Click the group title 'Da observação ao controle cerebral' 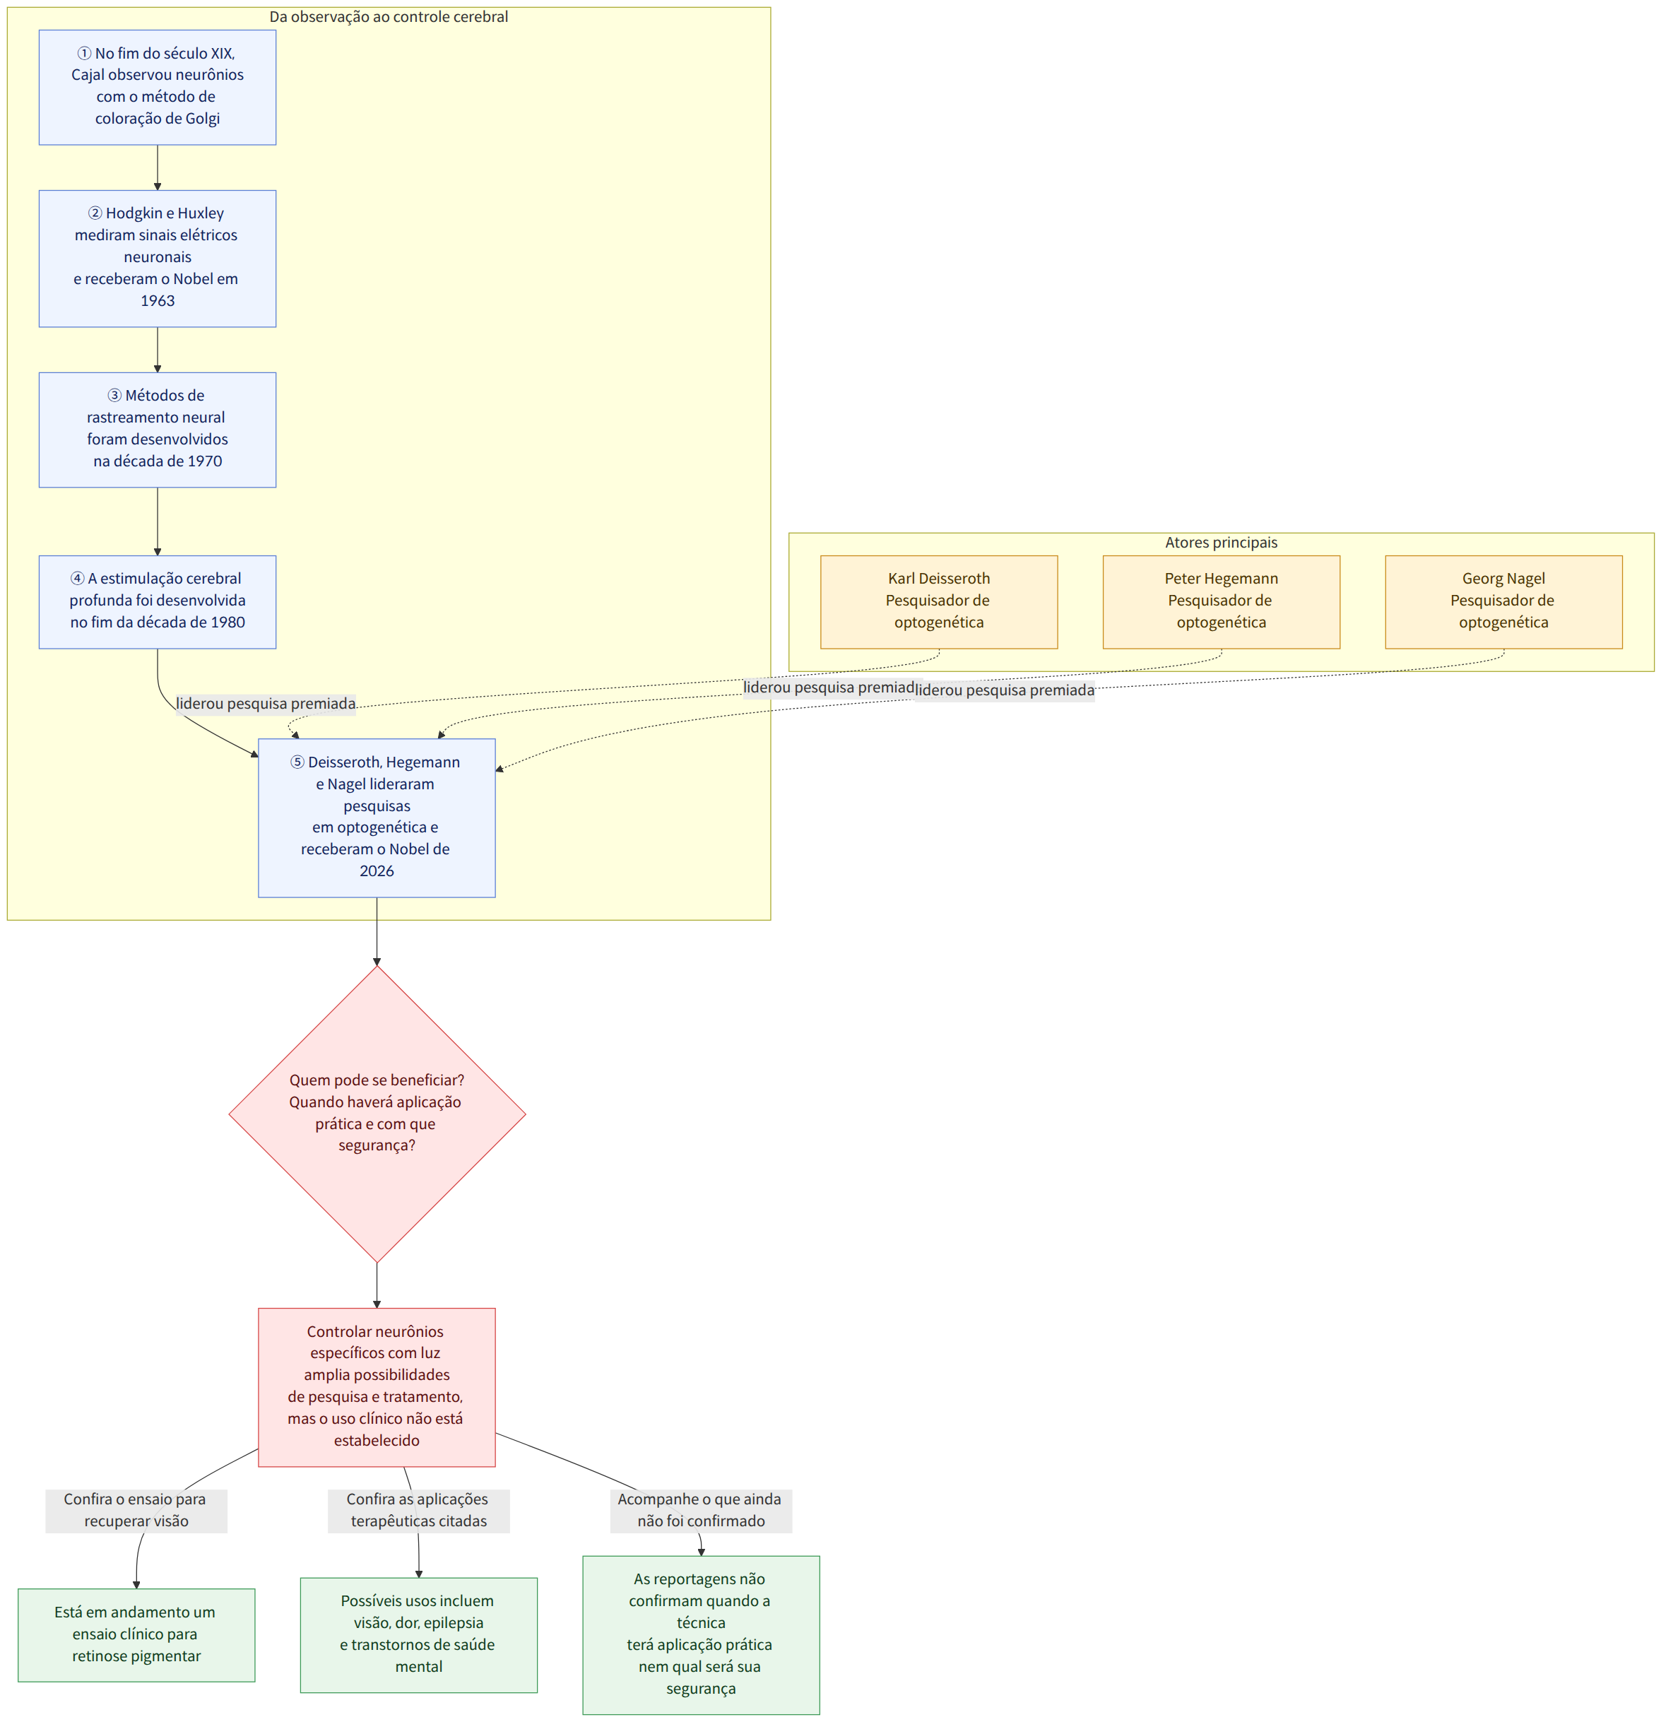389,17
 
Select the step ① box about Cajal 158,88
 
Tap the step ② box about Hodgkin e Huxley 158,259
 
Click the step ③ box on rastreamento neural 158,430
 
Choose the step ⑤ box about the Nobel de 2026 377,818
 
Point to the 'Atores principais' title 1221,543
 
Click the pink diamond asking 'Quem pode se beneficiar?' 377,1113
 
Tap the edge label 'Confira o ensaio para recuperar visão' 136,1510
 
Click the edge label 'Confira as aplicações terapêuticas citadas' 418,1510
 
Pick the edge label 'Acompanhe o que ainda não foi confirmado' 701,1510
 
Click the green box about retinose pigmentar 136,1635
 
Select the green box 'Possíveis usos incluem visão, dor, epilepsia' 418,1635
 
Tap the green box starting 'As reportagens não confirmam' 701,1635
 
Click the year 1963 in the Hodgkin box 158,301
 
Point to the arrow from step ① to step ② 158,168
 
